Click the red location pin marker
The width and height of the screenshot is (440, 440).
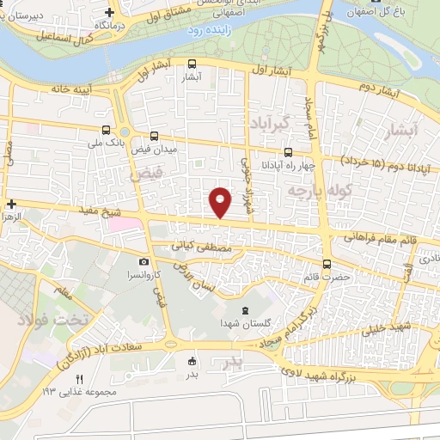(x=221, y=201)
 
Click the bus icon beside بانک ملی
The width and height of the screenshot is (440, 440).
(x=106, y=131)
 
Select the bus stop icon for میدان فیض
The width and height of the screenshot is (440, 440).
(x=155, y=136)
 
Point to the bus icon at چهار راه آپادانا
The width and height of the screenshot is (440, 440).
(x=287, y=152)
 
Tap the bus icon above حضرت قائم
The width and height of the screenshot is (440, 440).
(x=327, y=264)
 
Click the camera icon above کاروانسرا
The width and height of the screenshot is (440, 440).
(x=144, y=261)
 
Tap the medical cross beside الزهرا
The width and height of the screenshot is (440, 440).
(x=10, y=204)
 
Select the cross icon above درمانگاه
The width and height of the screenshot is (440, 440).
(x=109, y=12)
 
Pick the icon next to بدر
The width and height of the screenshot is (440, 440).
(x=192, y=361)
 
